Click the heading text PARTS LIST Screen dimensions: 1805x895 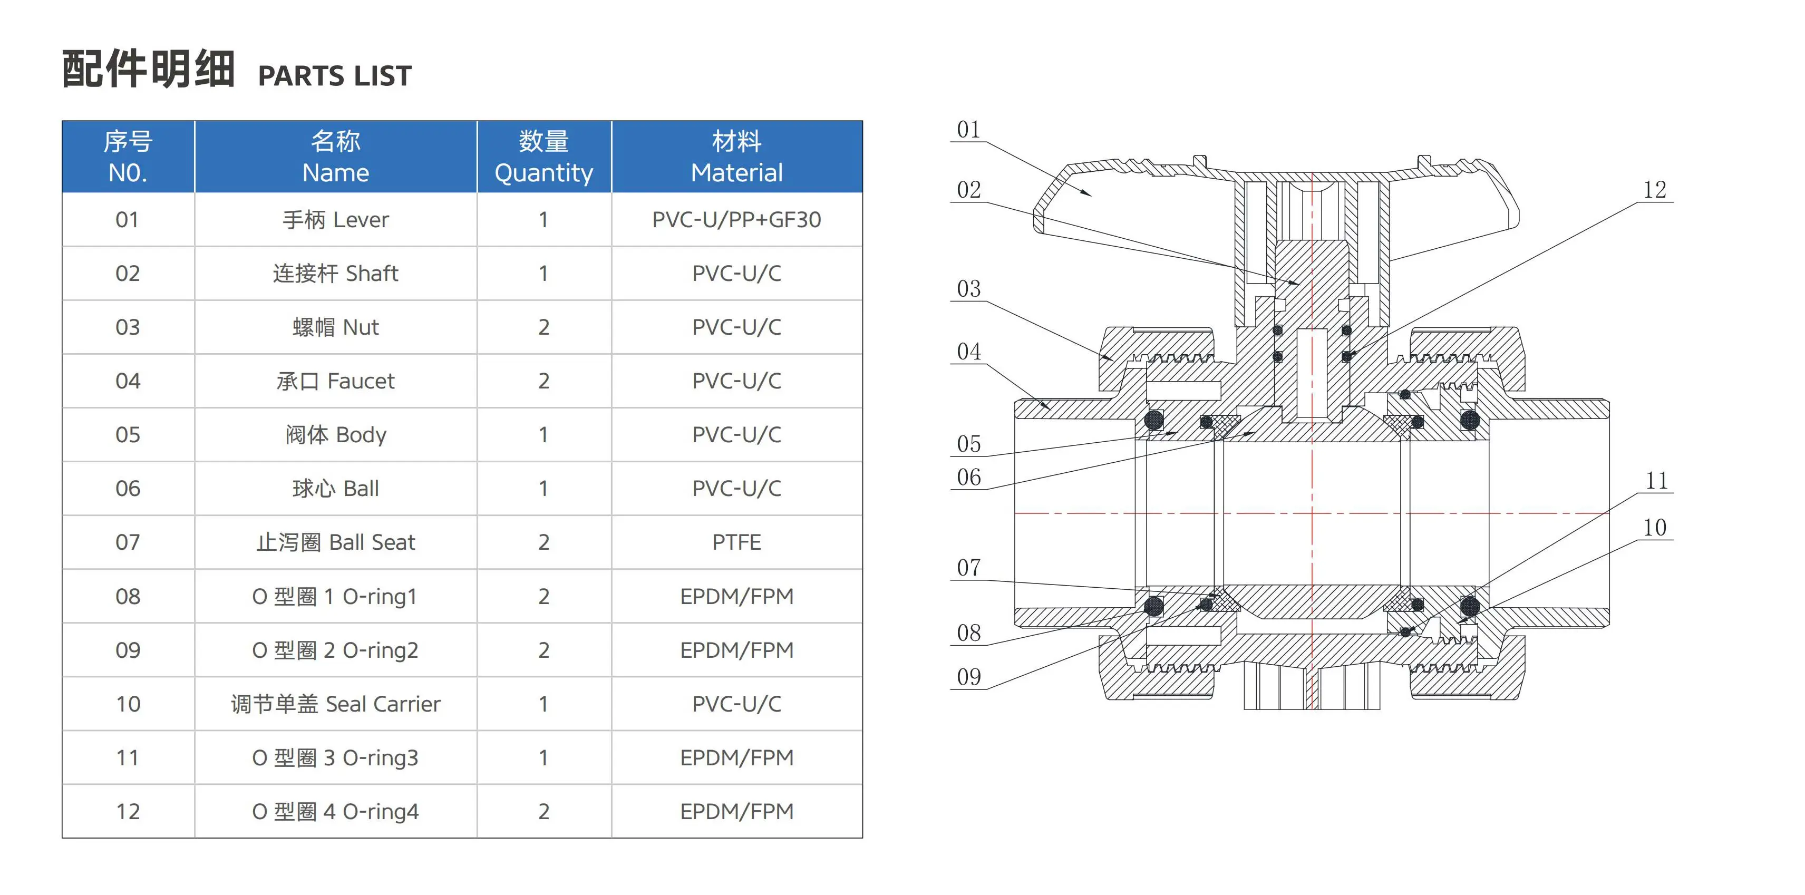pos(335,76)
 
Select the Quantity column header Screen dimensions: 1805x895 pos(544,157)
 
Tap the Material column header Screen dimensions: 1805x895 pos(736,157)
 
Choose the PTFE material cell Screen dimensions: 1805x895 pos(736,542)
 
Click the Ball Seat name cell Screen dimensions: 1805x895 pos(336,542)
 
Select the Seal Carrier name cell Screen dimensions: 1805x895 pos(336,704)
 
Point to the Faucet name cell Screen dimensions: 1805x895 pos(336,381)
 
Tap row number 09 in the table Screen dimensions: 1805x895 pos(128,650)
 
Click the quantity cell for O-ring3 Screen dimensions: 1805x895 pos(544,757)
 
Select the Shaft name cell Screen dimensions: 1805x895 pos(336,274)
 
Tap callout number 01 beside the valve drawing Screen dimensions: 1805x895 pos(968,130)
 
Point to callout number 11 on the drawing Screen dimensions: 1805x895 pos(1656,481)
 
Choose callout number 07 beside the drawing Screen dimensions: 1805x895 pos(969,568)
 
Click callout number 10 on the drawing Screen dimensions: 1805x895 pos(1655,527)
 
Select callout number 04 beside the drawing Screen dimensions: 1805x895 pos(969,352)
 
